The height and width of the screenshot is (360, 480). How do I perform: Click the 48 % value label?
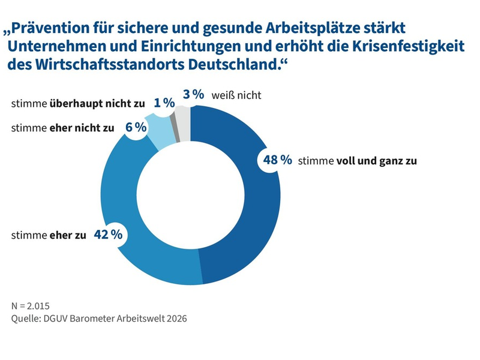277,160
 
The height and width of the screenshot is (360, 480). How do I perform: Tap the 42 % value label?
108,234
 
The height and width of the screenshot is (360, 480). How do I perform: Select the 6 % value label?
136,127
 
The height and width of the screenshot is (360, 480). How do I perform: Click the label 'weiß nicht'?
236,95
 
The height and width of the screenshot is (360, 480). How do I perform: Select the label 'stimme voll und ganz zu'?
357,161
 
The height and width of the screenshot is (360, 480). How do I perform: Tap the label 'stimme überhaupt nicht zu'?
78,104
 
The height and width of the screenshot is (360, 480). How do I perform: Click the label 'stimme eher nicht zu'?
62,128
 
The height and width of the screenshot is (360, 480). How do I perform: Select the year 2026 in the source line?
175,319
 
